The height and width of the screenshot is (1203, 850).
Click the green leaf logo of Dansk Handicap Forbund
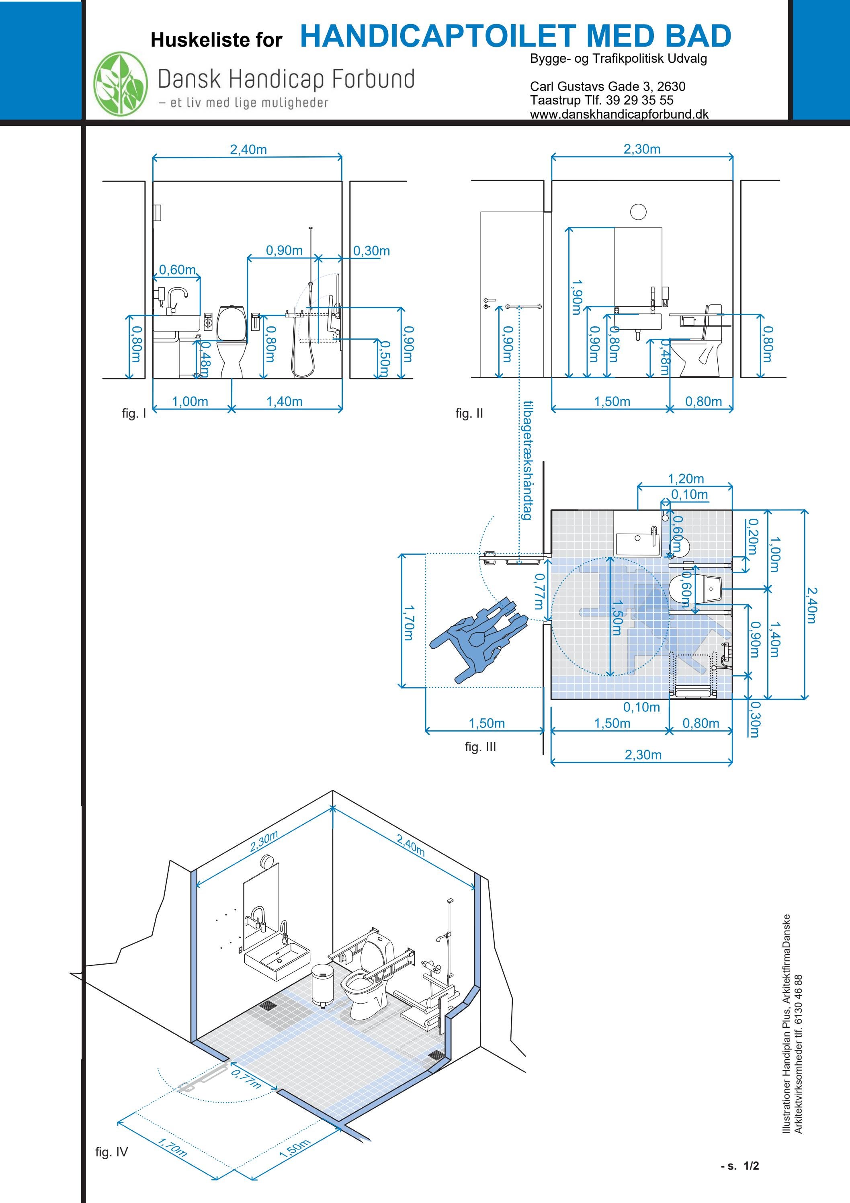121,84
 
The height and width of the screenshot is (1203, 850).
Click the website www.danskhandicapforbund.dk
619,114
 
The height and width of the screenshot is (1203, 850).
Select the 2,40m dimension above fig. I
248,150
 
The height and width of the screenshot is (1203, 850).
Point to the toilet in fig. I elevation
231,340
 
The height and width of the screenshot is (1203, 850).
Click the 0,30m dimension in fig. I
371,250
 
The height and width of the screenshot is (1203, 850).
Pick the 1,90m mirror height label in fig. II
576,297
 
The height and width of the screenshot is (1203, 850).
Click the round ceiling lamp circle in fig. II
638,212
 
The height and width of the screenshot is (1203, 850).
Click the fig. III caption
479,747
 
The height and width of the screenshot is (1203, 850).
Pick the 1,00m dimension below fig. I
190,402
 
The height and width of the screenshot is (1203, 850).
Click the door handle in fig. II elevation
488,301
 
